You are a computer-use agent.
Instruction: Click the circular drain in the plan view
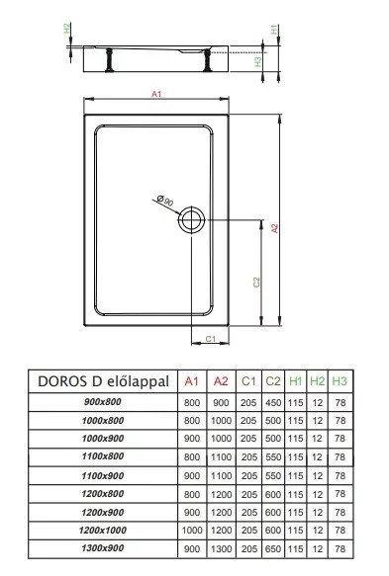[x=191, y=219]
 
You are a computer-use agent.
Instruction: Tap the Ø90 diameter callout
[x=165, y=201]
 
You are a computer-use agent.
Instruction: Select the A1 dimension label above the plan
[x=156, y=94]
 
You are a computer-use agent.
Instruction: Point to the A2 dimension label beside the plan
[x=274, y=228]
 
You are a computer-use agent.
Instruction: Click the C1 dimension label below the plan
[x=210, y=339]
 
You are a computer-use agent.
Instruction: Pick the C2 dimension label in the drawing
[x=256, y=283]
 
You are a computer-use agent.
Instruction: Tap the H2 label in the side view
[x=66, y=29]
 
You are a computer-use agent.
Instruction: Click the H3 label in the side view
[x=257, y=61]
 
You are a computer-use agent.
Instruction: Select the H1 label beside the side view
[x=274, y=30]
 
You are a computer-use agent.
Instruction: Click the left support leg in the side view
[x=109, y=60]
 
